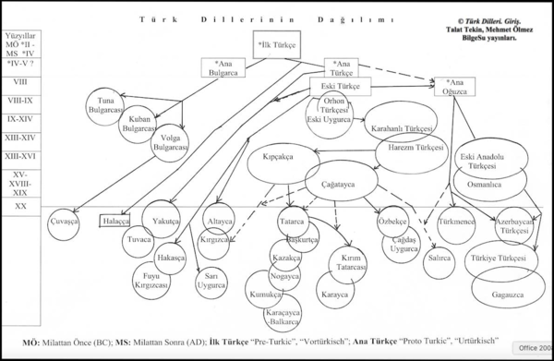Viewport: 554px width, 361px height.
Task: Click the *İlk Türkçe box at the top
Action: [276, 42]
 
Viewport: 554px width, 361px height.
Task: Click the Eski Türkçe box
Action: [340, 87]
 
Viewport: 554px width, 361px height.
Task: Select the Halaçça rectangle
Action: [115, 222]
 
